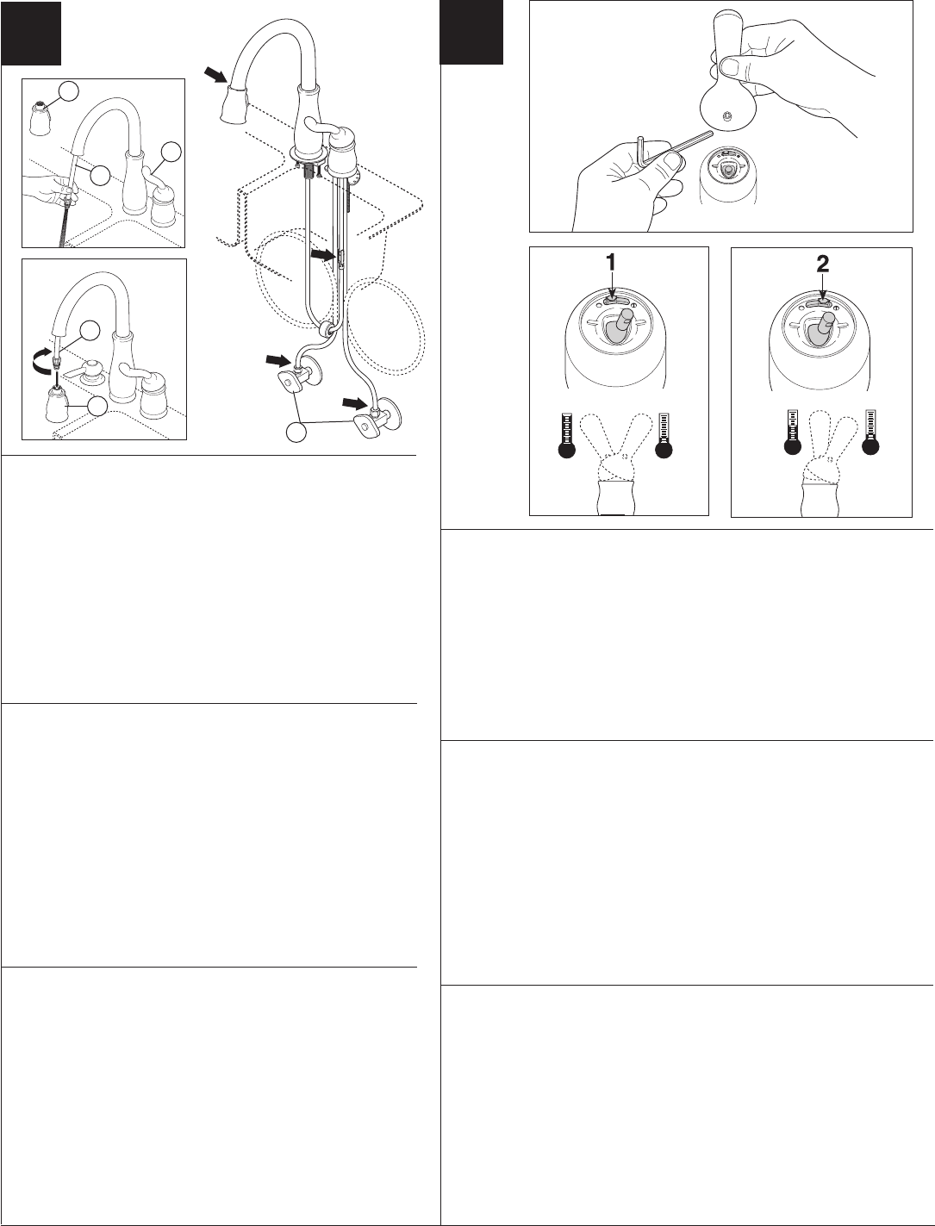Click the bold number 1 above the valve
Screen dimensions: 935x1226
coord(612,262)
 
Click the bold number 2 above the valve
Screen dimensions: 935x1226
coord(822,264)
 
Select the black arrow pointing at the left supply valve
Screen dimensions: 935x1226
coord(278,359)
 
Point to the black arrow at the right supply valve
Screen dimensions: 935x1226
coord(355,402)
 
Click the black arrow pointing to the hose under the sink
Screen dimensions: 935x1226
coord(323,255)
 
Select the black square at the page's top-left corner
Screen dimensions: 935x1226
coord(31,33)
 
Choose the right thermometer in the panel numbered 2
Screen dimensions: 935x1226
coord(870,432)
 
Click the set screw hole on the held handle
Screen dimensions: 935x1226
coord(726,116)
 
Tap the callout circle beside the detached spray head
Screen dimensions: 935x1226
coord(68,92)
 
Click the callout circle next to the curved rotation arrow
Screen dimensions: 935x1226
coord(90,331)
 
